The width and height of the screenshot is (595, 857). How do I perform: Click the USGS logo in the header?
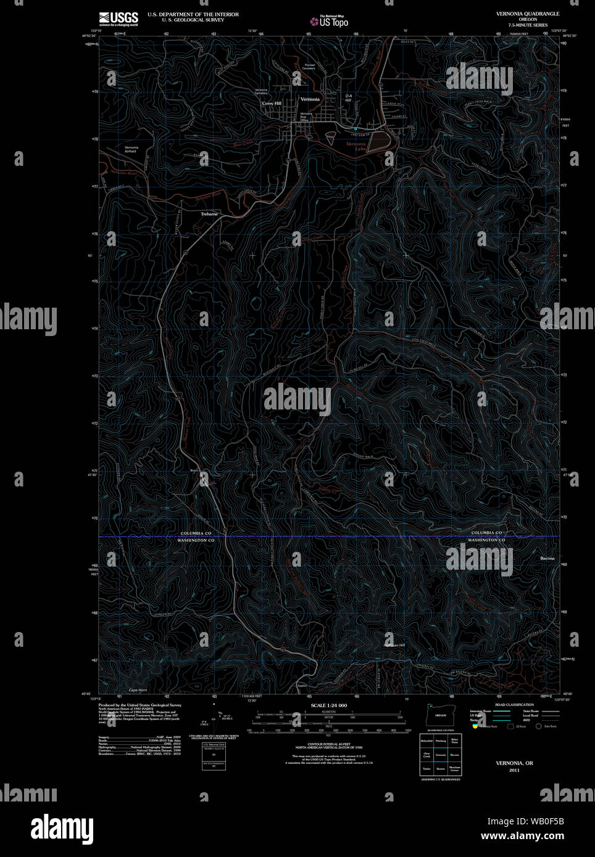point(119,18)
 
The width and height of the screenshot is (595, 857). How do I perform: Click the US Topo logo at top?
point(330,22)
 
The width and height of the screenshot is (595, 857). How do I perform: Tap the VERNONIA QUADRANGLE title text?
point(528,14)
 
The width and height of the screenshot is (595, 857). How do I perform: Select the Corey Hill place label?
point(272,104)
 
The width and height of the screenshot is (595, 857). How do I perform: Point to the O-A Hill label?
point(348,97)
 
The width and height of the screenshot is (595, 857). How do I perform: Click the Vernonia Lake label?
point(356,146)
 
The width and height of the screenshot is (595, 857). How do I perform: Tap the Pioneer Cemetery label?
point(309,67)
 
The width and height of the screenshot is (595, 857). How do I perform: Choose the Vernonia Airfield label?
point(131,149)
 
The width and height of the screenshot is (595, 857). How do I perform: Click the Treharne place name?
point(209,214)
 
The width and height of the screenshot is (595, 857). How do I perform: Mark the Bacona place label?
point(547,559)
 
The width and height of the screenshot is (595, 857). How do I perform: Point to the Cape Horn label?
point(138,690)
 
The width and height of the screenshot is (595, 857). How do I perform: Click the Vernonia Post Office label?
point(306,117)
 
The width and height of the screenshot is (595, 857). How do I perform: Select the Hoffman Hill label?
point(394,645)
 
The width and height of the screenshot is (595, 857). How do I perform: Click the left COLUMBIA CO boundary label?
point(196,533)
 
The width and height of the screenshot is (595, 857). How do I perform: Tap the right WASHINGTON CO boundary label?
point(486,540)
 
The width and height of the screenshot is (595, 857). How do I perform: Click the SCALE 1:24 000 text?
point(328,705)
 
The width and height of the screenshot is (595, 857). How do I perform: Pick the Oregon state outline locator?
point(439,715)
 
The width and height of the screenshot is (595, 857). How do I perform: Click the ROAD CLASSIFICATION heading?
point(514,705)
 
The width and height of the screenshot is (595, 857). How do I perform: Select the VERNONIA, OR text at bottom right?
point(514,763)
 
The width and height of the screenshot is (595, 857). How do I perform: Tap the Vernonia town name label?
point(310,99)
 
